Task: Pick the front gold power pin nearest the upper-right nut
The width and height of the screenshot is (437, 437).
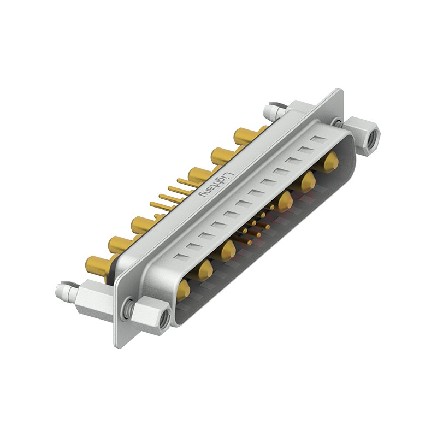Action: (330, 162)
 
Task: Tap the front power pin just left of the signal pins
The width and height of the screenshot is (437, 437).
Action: (227, 250)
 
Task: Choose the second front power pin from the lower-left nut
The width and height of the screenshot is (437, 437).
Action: (205, 269)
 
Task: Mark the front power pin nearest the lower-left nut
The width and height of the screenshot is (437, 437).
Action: (183, 290)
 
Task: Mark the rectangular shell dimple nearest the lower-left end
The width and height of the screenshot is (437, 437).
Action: (180, 255)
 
